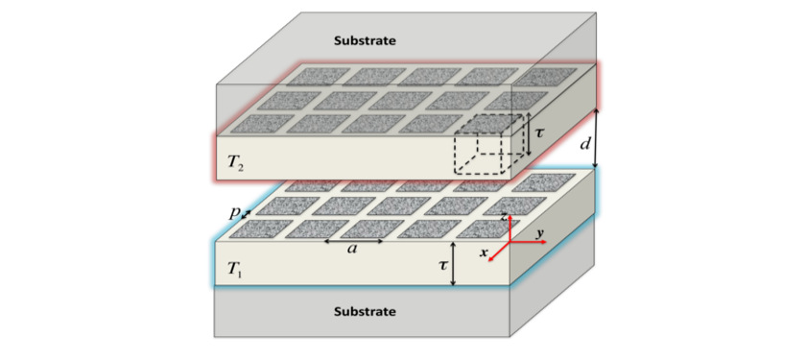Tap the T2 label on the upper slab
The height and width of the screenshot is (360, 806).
coord(236,163)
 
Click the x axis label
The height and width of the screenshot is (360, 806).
coord(486,252)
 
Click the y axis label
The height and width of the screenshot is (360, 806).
coord(539,233)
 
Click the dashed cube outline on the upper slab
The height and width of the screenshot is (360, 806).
coord(488,143)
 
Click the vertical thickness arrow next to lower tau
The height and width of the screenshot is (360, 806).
coord(453,265)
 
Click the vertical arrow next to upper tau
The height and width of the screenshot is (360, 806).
coord(527,134)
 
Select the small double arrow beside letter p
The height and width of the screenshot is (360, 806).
coord(248,213)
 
